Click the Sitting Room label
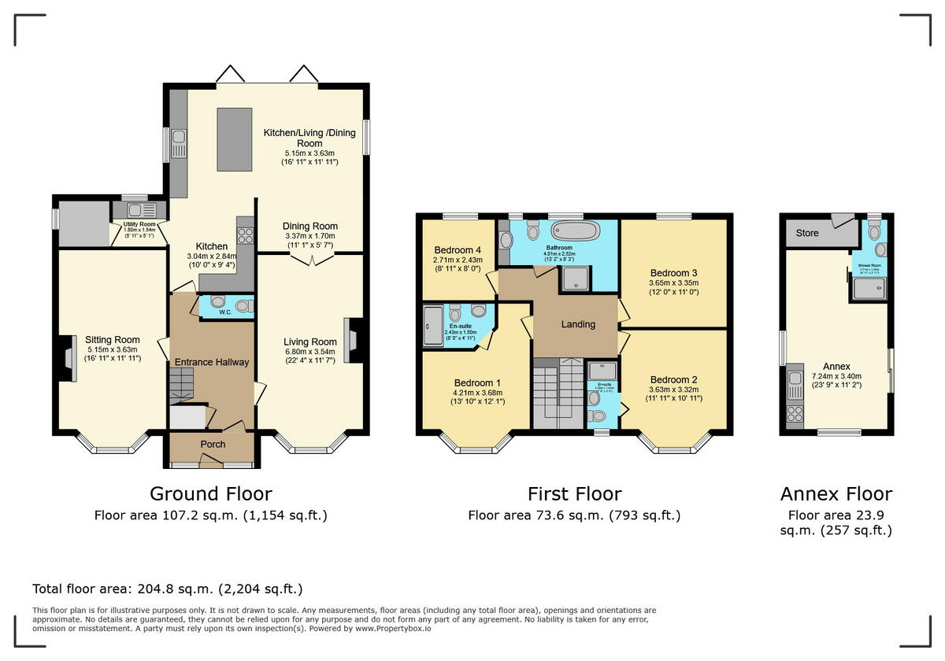click(112, 340)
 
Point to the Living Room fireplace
click(354, 339)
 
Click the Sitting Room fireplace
click(63, 358)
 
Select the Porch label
click(213, 445)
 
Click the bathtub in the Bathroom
click(575, 231)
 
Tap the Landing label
click(577, 324)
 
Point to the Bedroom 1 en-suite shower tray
click(433, 327)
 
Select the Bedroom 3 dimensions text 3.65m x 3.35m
click(673, 282)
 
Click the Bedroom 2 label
click(673, 379)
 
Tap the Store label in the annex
click(807, 233)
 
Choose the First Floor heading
click(574, 494)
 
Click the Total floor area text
click(167, 589)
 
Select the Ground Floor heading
click(210, 494)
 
